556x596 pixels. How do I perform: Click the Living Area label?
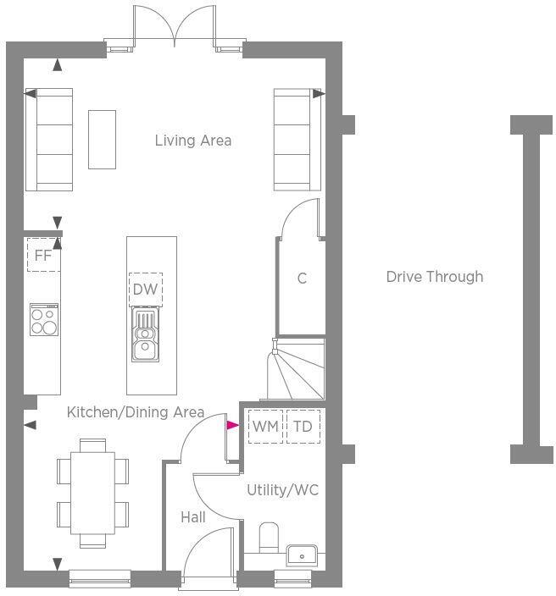[x=193, y=141]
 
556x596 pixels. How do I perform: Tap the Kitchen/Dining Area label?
[x=136, y=412]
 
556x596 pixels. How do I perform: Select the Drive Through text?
[x=435, y=277]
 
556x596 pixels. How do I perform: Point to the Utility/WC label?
[x=282, y=490]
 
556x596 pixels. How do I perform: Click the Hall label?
[x=193, y=516]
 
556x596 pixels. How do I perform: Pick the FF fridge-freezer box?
[x=43, y=255]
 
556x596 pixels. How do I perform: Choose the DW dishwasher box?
[x=146, y=290]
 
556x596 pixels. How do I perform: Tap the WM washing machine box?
[x=265, y=427]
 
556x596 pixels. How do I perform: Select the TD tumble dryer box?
[x=303, y=427]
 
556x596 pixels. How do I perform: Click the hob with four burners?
[x=44, y=319]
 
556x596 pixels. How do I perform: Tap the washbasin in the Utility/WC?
[x=301, y=555]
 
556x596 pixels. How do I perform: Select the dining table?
[x=93, y=492]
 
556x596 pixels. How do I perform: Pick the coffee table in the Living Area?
[x=103, y=139]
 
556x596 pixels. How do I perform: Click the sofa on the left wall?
[x=49, y=139]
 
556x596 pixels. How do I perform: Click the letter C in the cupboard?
[x=302, y=278]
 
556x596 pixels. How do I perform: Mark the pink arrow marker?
[x=231, y=426]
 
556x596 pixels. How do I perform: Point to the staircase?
[x=295, y=370]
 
